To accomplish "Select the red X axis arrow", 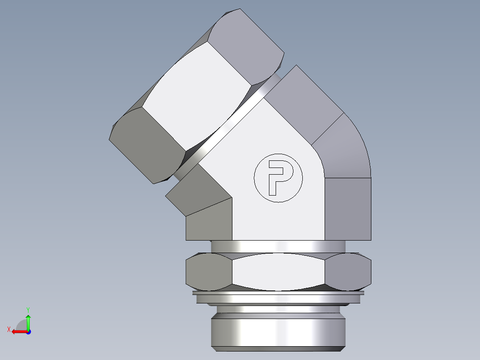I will pyautogui.click(x=18, y=331).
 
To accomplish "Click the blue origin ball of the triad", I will pyautogui.click(x=28, y=331).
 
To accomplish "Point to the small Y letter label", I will pyautogui.click(x=28, y=309).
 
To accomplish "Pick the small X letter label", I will pyautogui.click(x=8, y=329).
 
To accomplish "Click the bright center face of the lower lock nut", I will pyautogui.click(x=278, y=272).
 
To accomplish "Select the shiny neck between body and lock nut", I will pyautogui.click(x=278, y=246).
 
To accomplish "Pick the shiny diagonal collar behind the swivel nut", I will pyautogui.click(x=223, y=129).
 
